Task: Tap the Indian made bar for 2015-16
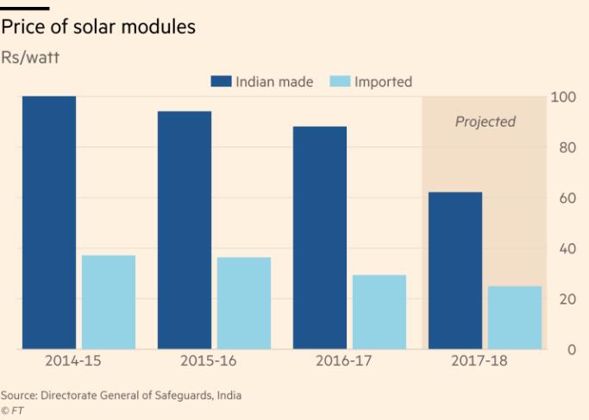[185, 230]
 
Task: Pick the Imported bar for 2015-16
[244, 303]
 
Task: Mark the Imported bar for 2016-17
[379, 312]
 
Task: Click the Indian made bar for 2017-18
[455, 271]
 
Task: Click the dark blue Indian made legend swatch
[222, 82]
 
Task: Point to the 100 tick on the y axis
[561, 97]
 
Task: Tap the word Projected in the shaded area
[485, 122]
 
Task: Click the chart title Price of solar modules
[98, 28]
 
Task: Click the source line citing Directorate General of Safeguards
[121, 395]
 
